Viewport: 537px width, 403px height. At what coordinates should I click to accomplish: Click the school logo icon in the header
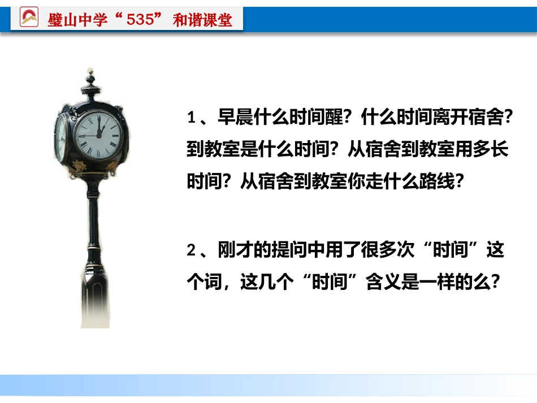(29, 18)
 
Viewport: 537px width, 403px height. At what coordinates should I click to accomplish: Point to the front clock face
(98, 135)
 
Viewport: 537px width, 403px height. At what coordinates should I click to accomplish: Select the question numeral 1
(191, 119)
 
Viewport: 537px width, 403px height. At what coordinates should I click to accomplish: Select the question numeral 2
(191, 251)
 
